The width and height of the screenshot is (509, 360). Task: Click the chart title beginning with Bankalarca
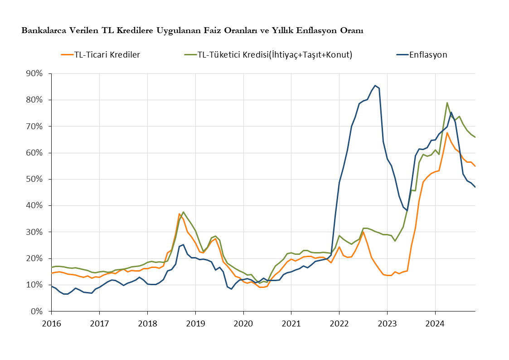pos(192,30)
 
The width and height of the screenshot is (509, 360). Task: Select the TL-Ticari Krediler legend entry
pos(100,54)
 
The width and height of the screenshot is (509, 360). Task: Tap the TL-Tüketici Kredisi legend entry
pos(268,54)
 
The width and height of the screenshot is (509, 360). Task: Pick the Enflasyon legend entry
pos(422,54)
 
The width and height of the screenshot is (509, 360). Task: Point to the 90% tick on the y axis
pos(34,74)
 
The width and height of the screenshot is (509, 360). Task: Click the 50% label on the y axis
pos(34,179)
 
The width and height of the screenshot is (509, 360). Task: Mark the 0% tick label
pos(37,311)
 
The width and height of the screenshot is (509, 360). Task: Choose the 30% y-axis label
pos(34,232)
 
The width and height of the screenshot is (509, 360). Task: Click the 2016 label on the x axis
pos(51,324)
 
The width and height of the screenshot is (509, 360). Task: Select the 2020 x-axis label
pos(243,324)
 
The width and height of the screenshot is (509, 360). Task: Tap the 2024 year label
pos(435,324)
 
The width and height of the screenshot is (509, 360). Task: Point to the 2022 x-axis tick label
pos(339,324)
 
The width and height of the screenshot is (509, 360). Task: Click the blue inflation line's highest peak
pos(375,85)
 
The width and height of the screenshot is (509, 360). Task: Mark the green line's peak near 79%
pos(447,103)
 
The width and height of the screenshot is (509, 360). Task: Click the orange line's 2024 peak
pos(447,132)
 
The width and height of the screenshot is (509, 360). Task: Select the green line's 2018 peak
pos(184,212)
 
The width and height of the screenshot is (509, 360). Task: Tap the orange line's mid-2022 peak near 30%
pos(363,232)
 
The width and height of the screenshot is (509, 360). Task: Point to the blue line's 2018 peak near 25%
pos(184,244)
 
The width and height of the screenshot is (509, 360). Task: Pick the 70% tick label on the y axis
pos(34,126)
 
